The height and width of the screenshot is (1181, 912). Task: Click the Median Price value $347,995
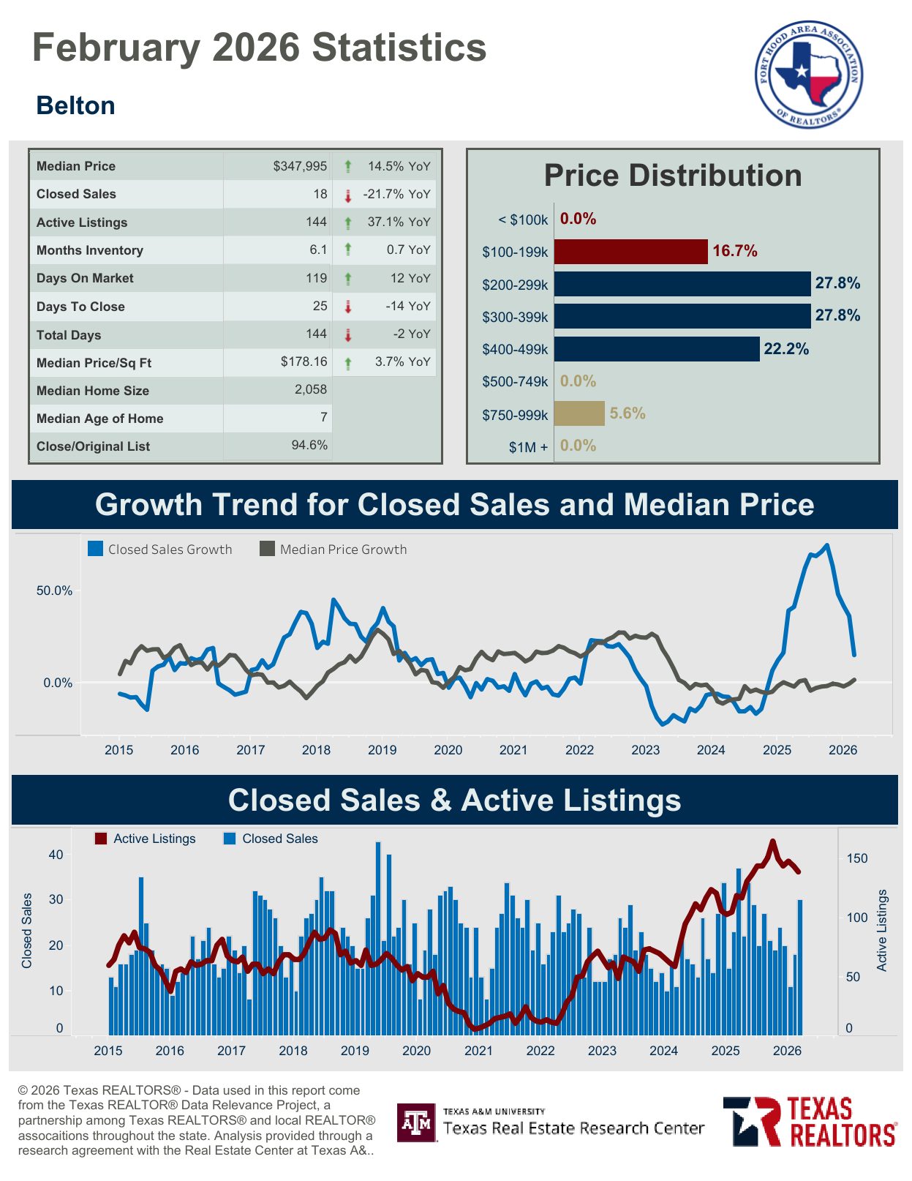click(300, 166)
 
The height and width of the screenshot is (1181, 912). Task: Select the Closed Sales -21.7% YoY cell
click(396, 195)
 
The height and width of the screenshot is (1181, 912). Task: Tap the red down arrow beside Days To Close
click(348, 307)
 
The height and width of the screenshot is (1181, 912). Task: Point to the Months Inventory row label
click(90, 250)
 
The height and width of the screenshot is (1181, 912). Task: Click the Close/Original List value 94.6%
click(309, 446)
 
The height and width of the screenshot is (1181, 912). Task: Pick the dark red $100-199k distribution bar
click(630, 252)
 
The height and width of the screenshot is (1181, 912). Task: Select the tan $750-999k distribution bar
click(579, 413)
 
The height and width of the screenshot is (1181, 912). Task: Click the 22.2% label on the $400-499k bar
click(786, 349)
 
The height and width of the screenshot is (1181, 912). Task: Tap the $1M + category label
click(528, 447)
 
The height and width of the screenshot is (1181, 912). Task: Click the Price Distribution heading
click(672, 176)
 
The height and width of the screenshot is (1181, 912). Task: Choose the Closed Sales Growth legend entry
click(160, 550)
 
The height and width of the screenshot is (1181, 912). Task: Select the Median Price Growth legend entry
click(333, 550)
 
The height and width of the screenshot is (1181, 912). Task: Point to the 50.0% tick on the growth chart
click(54, 591)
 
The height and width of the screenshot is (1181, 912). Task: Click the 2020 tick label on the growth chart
click(448, 750)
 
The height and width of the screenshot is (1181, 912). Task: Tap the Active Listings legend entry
click(146, 839)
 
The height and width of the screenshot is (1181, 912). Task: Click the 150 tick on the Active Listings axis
click(857, 858)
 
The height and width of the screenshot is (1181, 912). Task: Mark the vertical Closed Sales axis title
click(27, 931)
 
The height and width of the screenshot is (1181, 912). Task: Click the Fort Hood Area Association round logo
click(808, 74)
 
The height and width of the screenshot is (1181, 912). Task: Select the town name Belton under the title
click(75, 106)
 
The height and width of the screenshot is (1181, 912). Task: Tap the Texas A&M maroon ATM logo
click(417, 1122)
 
